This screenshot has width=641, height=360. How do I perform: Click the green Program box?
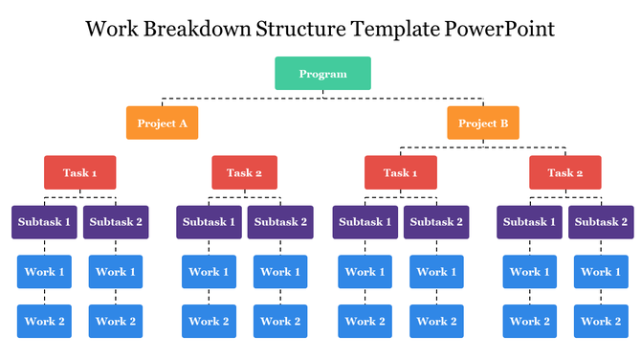[x=322, y=74]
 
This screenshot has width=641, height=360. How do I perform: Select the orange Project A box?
[x=162, y=124]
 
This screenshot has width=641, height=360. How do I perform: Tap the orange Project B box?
[x=483, y=124]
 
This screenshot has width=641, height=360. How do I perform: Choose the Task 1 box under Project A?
[x=80, y=173]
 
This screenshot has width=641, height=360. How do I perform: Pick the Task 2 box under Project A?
[x=244, y=173]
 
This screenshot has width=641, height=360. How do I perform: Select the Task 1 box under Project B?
[x=401, y=173]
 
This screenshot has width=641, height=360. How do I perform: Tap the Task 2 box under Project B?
[x=565, y=173]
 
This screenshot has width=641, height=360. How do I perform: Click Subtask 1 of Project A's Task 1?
[x=44, y=222]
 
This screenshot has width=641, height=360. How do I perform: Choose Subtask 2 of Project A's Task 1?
[x=116, y=222]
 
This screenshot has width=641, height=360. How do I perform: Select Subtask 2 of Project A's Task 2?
[x=280, y=222]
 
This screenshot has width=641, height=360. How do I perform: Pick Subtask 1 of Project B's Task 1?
[x=365, y=222]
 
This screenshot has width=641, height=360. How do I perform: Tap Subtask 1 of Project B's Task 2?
[x=529, y=222]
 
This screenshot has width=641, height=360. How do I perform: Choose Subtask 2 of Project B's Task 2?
[x=601, y=222]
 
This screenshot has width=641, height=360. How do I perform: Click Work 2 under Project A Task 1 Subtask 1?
[x=44, y=322]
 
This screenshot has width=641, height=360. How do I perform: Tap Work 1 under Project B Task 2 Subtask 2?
[x=601, y=272]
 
